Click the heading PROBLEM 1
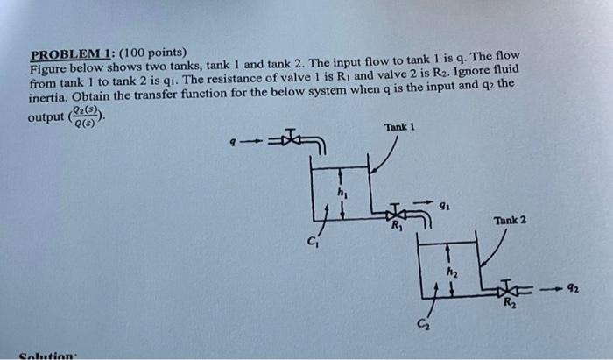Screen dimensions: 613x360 tap(68, 53)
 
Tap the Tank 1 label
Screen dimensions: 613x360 tap(398, 127)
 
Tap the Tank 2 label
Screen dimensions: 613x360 tap(510, 220)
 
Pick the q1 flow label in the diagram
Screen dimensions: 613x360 tap(447, 207)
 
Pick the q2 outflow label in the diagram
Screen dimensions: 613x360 tap(571, 286)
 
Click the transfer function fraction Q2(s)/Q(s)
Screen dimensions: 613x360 tap(87, 116)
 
